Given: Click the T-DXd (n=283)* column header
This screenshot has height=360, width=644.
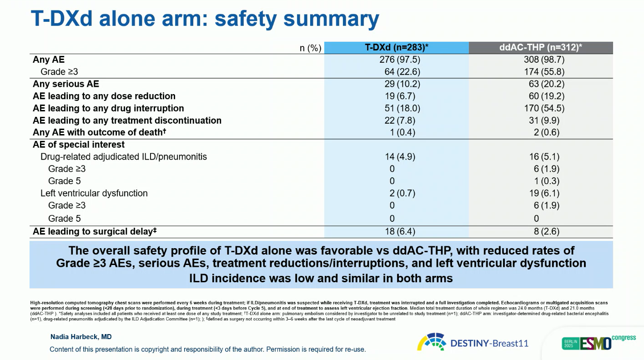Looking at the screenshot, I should pyautogui.click(x=397, y=48).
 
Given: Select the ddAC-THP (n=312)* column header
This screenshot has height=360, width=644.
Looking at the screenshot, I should pyautogui.click(x=541, y=48).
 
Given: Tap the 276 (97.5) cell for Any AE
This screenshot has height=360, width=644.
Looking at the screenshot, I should pyautogui.click(x=397, y=60).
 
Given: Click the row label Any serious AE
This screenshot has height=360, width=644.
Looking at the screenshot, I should pyautogui.click(x=65, y=84).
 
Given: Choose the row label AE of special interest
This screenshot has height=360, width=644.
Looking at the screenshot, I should pyautogui.click(x=79, y=145).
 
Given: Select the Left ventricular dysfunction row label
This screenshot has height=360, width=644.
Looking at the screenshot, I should pyautogui.click(x=94, y=193).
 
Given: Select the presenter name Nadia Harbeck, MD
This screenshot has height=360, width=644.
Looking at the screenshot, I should pyautogui.click(x=80, y=337).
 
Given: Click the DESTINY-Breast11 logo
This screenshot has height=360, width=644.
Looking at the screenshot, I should pyautogui.click(x=473, y=342).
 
